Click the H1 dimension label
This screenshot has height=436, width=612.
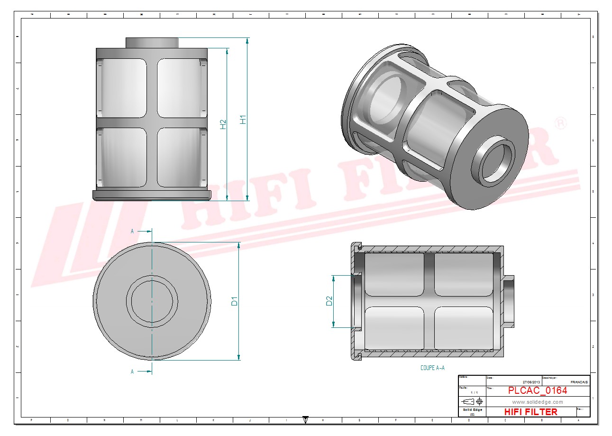(243, 120)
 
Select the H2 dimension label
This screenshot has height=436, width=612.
(223, 124)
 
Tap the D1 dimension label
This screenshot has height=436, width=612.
(234, 301)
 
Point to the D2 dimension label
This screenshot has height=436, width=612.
(329, 301)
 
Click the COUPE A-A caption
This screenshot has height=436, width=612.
(432, 368)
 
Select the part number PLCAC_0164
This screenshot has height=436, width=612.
(537, 390)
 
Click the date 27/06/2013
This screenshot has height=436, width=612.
(531, 382)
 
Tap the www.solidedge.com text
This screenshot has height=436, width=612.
(537, 402)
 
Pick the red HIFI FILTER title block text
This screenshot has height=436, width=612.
(530, 412)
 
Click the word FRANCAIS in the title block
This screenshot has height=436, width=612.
(579, 382)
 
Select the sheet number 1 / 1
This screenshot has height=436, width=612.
(474, 393)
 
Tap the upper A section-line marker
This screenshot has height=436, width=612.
(132, 231)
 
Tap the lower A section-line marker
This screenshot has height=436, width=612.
(132, 372)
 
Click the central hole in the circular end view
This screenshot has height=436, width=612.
(152, 302)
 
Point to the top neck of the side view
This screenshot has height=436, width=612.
(152, 43)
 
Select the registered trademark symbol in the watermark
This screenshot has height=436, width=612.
(560, 123)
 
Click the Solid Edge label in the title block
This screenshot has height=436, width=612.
(472, 410)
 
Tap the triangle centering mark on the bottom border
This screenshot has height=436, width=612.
(305, 419)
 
